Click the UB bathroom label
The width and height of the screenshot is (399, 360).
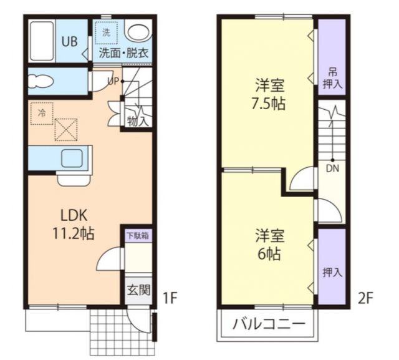click(x=69, y=43)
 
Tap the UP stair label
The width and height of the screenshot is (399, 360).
click(x=113, y=81)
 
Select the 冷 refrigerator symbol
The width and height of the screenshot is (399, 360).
click(x=41, y=114)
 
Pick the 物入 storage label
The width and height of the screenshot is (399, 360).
click(x=138, y=120)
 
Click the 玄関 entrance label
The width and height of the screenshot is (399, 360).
click(x=138, y=289)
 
